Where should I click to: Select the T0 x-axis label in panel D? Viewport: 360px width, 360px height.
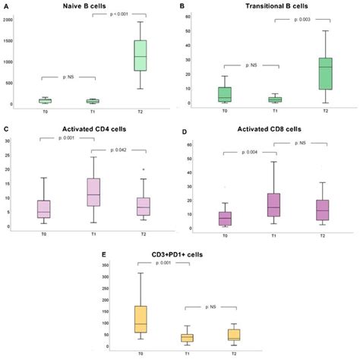(x=224, y=235)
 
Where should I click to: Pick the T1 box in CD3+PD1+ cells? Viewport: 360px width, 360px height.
(x=186, y=337)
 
